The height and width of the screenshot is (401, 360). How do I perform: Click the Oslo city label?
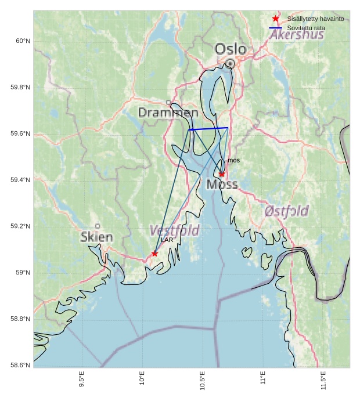[231, 49]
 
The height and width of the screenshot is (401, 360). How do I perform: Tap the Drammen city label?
[168, 113]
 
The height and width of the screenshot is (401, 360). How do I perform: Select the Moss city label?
[222, 185]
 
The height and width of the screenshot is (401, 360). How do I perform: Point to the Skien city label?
[97, 237]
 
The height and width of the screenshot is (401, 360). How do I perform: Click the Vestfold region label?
[174, 230]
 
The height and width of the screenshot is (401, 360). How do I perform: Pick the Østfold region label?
[286, 211]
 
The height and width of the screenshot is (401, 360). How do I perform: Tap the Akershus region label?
[297, 35]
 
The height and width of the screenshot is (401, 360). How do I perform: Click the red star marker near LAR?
[154, 254]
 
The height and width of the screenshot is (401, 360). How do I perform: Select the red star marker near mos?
[222, 174]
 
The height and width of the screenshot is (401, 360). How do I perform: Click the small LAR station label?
[167, 240]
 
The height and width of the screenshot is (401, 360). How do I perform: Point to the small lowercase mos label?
[233, 160]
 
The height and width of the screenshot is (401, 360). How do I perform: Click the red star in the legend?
[276, 19]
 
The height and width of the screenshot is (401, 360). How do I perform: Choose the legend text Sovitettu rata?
[306, 28]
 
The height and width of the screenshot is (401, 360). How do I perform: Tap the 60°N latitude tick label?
[23, 41]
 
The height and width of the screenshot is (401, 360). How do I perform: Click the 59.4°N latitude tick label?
[20, 180]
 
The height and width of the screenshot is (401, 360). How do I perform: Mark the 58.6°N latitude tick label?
[20, 365]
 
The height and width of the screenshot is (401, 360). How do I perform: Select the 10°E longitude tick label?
[142, 379]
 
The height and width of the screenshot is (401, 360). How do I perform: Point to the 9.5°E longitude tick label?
[82, 379]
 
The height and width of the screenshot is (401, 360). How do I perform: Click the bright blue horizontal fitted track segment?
[208, 128]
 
